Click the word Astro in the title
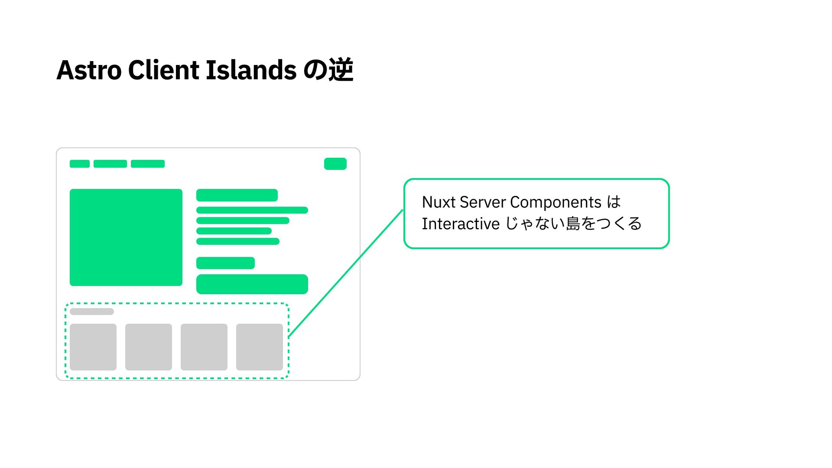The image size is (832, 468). tap(89, 70)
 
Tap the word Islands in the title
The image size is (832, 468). tap(250, 70)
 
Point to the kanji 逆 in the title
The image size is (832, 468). tap(341, 70)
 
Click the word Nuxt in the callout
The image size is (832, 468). tap(439, 202)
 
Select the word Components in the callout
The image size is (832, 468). tap(556, 203)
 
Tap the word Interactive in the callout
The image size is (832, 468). tap(461, 224)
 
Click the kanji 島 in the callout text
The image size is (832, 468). tap(573, 224)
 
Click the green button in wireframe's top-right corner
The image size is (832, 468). tap(335, 164)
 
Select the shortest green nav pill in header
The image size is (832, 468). tap(80, 164)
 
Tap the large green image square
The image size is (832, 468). tap(126, 237)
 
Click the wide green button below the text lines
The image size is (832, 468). tap(252, 284)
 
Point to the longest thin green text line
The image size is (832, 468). tap(252, 210)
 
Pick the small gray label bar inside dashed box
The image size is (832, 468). tap(92, 312)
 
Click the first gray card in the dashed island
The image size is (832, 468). tap(93, 347)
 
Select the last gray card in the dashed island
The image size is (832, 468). tap(260, 347)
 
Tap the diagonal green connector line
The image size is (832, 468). tap(346, 273)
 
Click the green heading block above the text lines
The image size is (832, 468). tap(237, 195)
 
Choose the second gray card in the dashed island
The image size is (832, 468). tap(149, 347)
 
